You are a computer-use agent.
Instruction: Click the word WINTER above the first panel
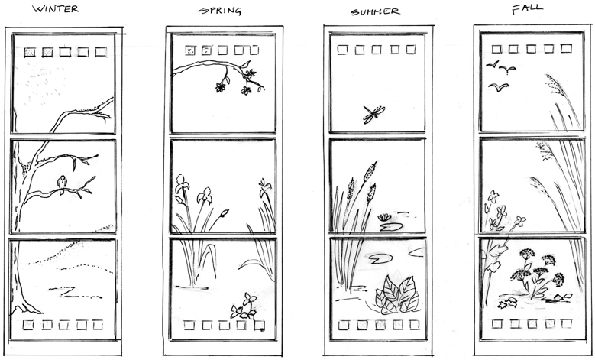click(56, 8)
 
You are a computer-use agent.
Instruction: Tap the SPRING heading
click(220, 11)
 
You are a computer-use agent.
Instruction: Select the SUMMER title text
click(375, 11)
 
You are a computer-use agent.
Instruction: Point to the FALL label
click(527, 9)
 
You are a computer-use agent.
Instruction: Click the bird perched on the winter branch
click(61, 183)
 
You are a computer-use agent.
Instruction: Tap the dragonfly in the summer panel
click(373, 114)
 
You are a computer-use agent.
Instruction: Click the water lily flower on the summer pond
click(384, 218)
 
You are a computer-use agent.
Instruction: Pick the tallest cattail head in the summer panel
click(370, 171)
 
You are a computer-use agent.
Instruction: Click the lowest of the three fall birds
click(498, 87)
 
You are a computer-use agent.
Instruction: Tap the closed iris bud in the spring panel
click(225, 213)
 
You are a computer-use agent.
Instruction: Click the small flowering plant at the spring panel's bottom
click(244, 306)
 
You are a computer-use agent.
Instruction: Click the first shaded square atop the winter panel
click(30, 52)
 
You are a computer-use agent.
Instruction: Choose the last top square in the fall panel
click(566, 49)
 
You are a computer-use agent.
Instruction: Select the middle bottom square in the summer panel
click(380, 325)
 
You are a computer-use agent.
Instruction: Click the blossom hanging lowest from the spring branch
click(246, 90)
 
